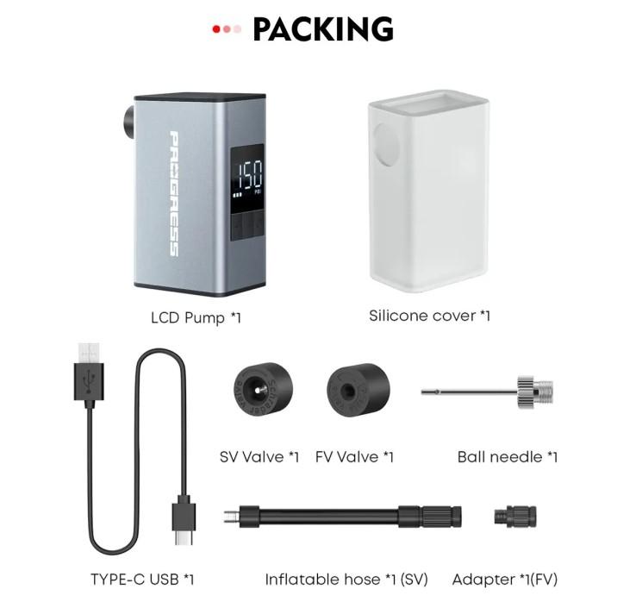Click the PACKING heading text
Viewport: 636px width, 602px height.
point(323,30)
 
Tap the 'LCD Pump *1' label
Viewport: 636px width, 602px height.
point(196,318)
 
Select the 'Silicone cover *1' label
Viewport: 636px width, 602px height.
point(429,316)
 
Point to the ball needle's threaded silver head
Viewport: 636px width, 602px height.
point(528,392)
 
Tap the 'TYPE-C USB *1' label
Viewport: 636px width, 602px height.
point(142,579)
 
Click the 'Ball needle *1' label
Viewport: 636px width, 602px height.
point(507,456)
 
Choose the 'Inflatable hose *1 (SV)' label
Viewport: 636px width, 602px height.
point(346,579)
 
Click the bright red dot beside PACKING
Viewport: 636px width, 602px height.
point(216,29)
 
